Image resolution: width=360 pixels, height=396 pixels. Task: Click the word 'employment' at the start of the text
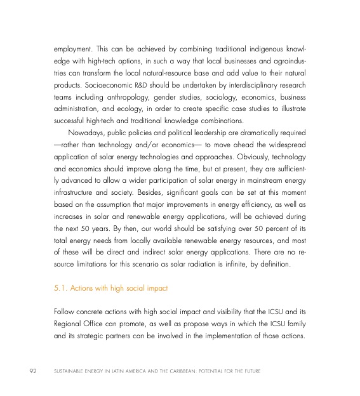pos(72,49)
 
